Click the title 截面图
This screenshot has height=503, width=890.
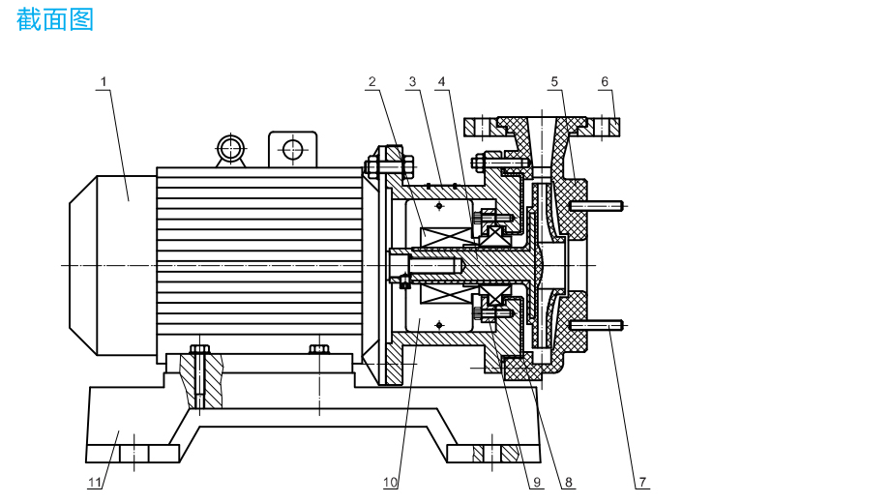pyautogui.click(x=55, y=18)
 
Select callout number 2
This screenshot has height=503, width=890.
pyautogui.click(x=371, y=82)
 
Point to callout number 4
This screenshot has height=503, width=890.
pyautogui.click(x=441, y=82)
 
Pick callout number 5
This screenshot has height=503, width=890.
pyautogui.click(x=555, y=82)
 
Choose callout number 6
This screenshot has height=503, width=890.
pyautogui.click(x=606, y=82)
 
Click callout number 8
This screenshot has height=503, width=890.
pyautogui.click(x=569, y=481)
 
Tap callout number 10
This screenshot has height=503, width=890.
pyautogui.click(x=390, y=481)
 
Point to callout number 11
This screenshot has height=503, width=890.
pyautogui.click(x=95, y=481)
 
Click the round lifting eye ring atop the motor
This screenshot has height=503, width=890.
pyautogui.click(x=231, y=148)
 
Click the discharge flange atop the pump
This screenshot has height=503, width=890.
pyautogui.click(x=541, y=127)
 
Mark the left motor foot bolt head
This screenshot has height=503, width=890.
pyautogui.click(x=199, y=348)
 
